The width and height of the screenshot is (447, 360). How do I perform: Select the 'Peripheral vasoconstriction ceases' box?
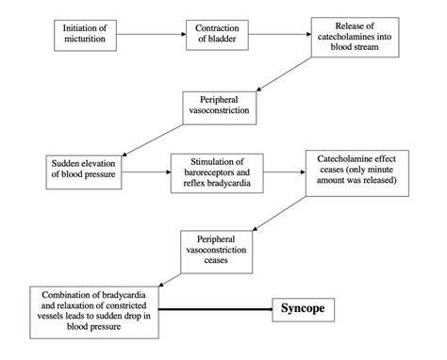pyautogui.click(x=220, y=249)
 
